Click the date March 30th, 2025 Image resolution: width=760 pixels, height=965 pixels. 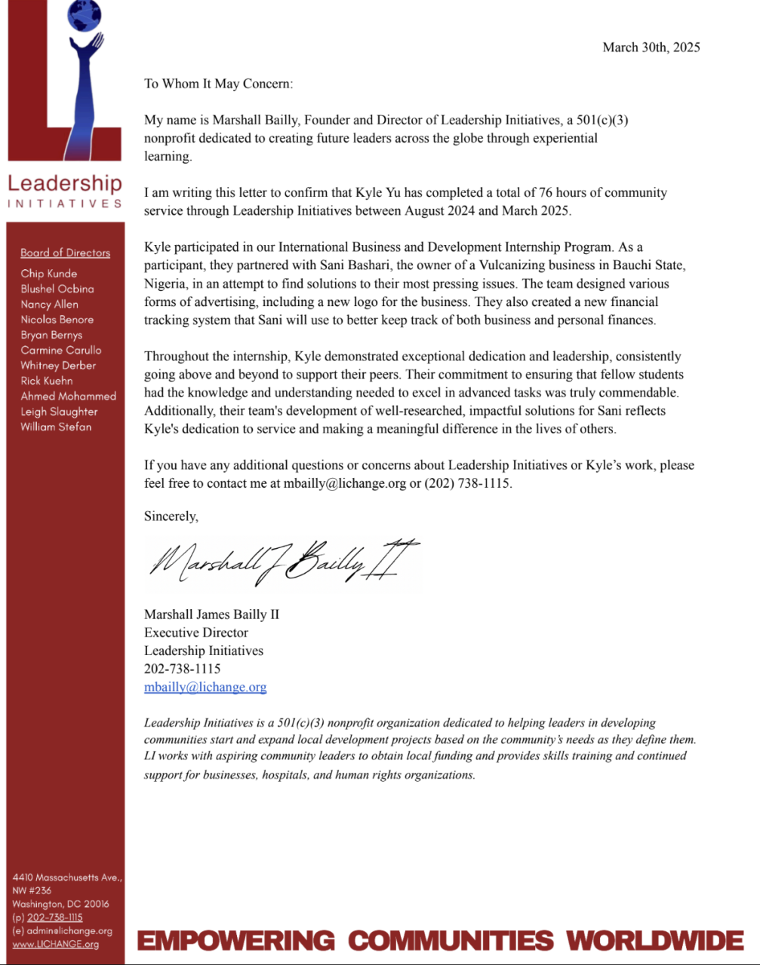coord(651,47)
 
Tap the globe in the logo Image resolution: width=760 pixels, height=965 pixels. coord(84,16)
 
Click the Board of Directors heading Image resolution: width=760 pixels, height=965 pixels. coord(65,253)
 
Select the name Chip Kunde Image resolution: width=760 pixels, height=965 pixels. coord(48,274)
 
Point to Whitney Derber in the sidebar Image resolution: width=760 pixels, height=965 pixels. coord(58,366)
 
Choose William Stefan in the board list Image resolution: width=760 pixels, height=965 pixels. coord(56,427)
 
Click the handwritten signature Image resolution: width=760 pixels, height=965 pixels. coord(283,562)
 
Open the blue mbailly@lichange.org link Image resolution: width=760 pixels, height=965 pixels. coord(205,687)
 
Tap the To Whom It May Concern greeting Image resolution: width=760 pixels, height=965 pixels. coord(218,84)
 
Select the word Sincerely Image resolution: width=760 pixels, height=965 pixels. coord(171,516)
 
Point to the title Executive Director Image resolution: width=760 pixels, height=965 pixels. coord(196,633)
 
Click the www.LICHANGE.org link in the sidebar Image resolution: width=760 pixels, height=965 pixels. coord(55,945)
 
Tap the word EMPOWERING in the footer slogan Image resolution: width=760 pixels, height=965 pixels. coord(235,941)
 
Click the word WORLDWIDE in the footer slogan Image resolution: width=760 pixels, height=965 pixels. coord(655,941)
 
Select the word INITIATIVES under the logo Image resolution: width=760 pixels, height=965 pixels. coord(65,203)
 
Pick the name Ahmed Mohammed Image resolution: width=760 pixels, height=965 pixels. coord(68,397)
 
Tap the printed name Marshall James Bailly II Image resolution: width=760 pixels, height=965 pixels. coord(211,614)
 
